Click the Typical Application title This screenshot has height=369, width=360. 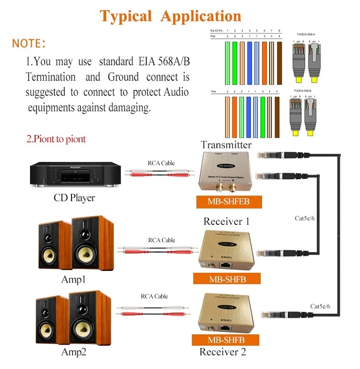click(x=170, y=16)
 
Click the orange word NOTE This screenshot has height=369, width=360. click(x=29, y=43)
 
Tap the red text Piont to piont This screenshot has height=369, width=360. click(x=56, y=139)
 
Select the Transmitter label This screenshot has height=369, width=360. click(x=226, y=145)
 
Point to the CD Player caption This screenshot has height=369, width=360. click(x=74, y=197)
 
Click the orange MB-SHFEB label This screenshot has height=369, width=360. click(x=228, y=202)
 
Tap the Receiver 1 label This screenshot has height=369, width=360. click(x=227, y=221)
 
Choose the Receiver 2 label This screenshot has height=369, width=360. click(x=223, y=352)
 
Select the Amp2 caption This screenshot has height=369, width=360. click(x=73, y=352)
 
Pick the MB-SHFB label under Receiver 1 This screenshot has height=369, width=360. click(x=227, y=278)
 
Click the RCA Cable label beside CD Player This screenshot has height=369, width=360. click(x=161, y=163)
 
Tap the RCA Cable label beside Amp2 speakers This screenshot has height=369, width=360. click(x=155, y=296)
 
